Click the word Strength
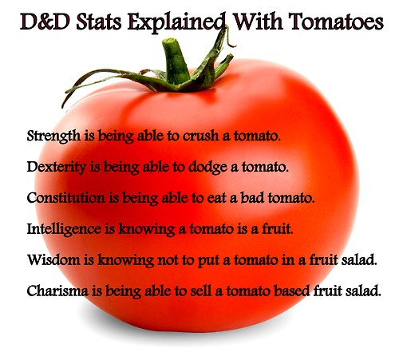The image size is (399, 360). click(53, 136)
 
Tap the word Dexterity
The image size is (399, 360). click(57, 168)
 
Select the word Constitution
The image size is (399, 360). click(66, 198)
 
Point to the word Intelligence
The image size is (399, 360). click(64, 229)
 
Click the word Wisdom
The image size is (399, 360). click(53, 259)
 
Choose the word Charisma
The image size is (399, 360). click(57, 291)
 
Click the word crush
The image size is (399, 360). click(201, 136)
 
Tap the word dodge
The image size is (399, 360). click(207, 168)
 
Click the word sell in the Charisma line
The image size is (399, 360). click(202, 291)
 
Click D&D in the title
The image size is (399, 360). click(45, 22)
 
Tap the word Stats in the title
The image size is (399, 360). click(99, 22)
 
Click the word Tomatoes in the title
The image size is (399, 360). click(336, 22)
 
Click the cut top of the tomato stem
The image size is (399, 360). click(170, 42)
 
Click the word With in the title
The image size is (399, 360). click(257, 22)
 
